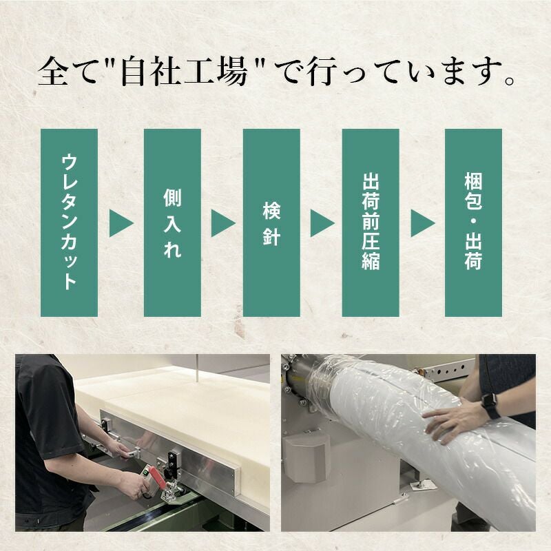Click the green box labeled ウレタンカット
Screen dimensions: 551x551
tap(69, 222)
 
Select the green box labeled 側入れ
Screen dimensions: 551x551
tap(172, 222)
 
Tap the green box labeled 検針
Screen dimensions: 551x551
tap(271, 222)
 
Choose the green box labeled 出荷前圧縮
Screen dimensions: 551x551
tap(371, 222)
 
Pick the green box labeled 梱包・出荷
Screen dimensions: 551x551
tap(472, 222)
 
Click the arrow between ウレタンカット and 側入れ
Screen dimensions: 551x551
tap(121, 223)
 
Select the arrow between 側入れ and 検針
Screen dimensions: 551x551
tap(222, 223)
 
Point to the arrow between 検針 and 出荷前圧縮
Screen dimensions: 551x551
tap(322, 223)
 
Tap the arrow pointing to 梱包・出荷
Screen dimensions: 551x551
tap(422, 223)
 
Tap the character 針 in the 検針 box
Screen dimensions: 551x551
tap(271, 238)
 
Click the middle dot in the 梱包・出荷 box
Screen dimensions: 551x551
tap(472, 222)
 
